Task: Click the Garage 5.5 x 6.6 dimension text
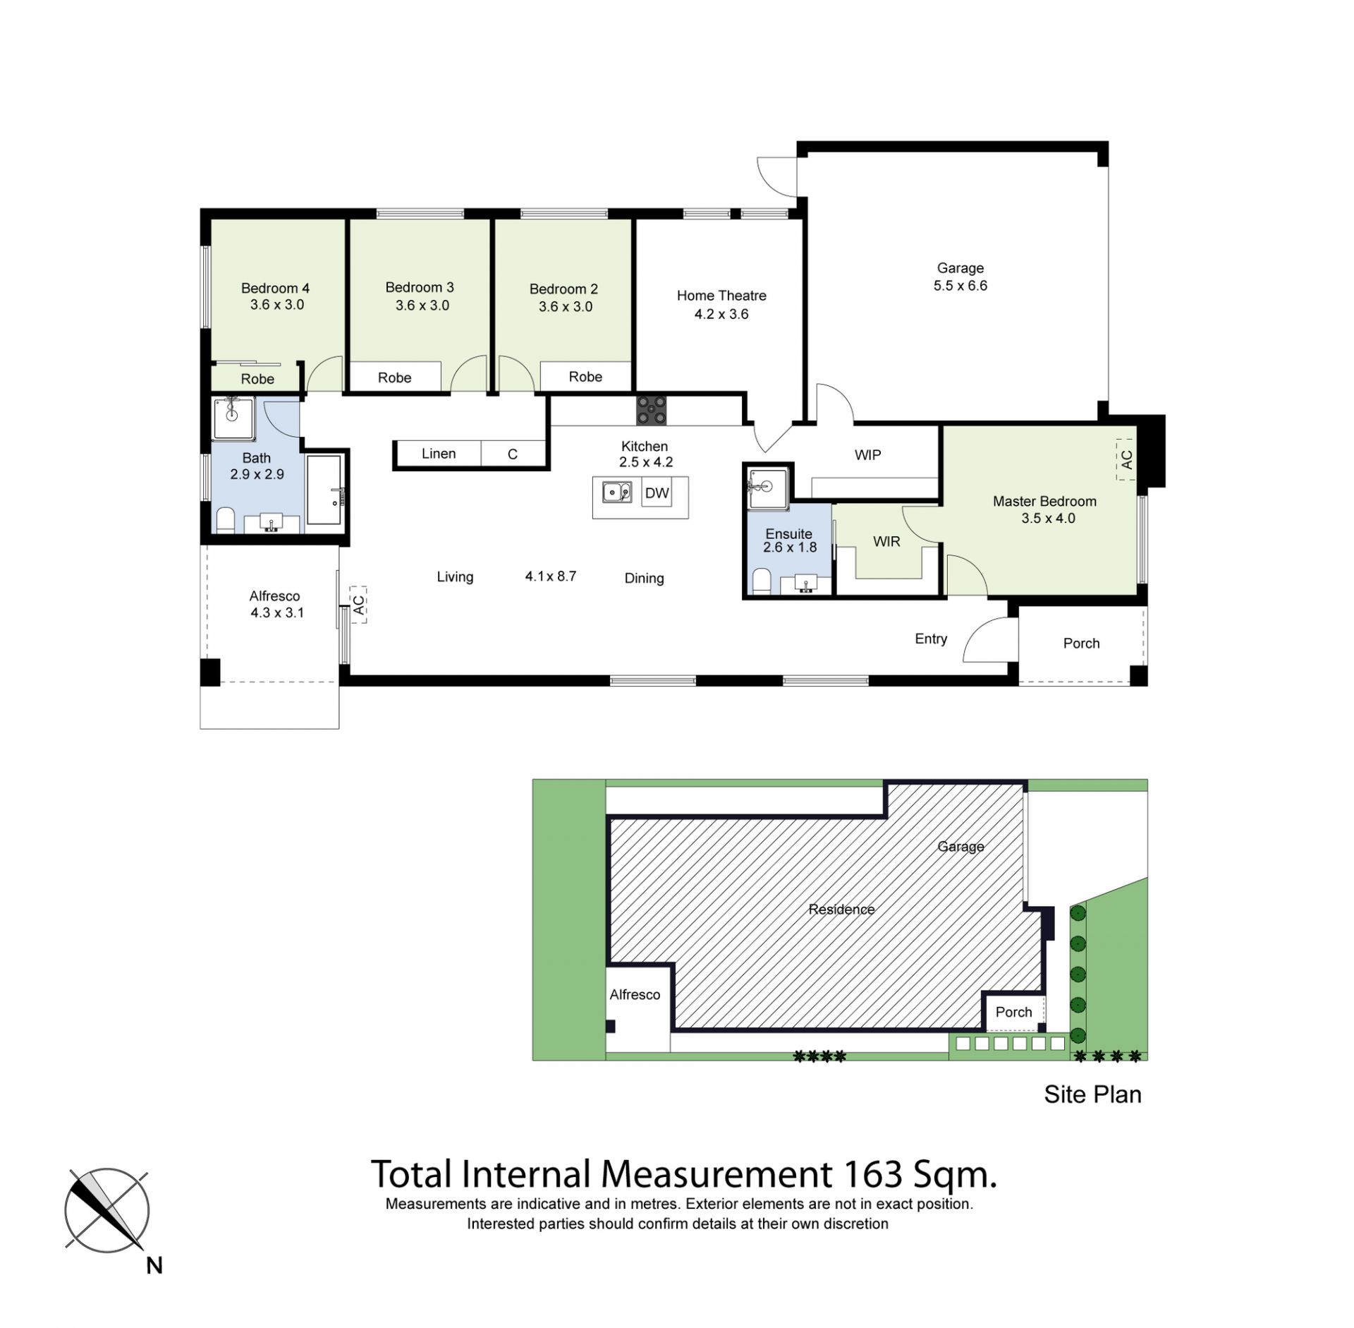[x=960, y=286]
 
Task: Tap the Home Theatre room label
[x=721, y=296]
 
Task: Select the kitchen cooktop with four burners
[x=651, y=411]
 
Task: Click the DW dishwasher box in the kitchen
[x=657, y=493]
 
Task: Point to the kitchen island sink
[x=617, y=491]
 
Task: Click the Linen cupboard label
[x=439, y=454]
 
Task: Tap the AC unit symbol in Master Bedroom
[x=1126, y=459]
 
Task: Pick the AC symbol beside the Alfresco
[x=358, y=605]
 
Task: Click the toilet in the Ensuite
[x=762, y=581]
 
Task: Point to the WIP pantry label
[x=867, y=455]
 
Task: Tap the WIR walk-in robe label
[x=886, y=541]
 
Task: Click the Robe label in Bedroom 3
[x=394, y=378]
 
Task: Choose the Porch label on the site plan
[x=1013, y=1012]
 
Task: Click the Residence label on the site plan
[x=841, y=910]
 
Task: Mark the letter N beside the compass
[x=154, y=1266]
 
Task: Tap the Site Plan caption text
[x=1092, y=1094]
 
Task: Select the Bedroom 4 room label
[x=275, y=288]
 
